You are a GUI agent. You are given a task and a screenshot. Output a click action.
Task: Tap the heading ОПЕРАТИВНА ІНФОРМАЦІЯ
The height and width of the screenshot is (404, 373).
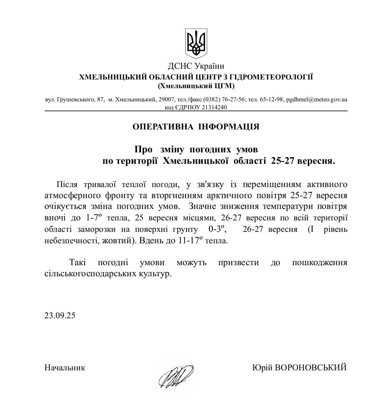point(196,126)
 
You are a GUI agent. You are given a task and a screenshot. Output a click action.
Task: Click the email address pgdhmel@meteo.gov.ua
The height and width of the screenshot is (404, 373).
point(316,99)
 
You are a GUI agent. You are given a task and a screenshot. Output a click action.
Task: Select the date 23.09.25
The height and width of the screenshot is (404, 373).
point(60,315)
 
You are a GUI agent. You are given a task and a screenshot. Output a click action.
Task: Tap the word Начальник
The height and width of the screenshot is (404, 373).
point(65,368)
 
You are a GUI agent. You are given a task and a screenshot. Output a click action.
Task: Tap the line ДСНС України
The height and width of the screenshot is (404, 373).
point(196,66)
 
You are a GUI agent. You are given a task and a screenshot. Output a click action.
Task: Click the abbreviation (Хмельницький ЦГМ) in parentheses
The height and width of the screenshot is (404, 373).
point(196,85)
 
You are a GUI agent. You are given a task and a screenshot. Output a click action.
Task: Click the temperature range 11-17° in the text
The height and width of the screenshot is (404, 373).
point(189,241)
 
